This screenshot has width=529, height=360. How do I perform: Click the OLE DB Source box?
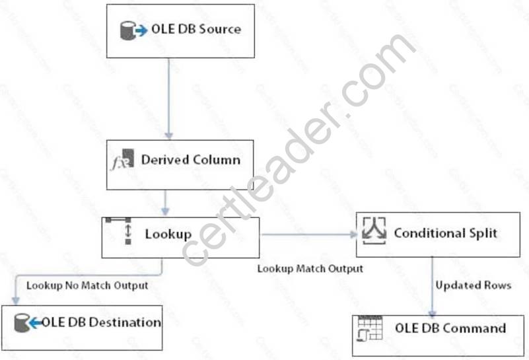(180, 31)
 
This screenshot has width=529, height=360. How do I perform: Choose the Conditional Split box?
(438, 234)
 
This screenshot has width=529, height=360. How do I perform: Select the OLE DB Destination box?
(81, 328)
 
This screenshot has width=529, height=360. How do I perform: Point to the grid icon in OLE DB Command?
(370, 328)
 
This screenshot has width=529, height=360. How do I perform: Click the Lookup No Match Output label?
(87, 286)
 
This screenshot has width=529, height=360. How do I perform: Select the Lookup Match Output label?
(310, 268)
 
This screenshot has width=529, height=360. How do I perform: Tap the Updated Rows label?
(473, 285)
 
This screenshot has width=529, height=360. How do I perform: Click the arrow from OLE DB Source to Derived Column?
(168, 99)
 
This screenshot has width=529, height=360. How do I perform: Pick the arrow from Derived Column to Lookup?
(166, 203)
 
